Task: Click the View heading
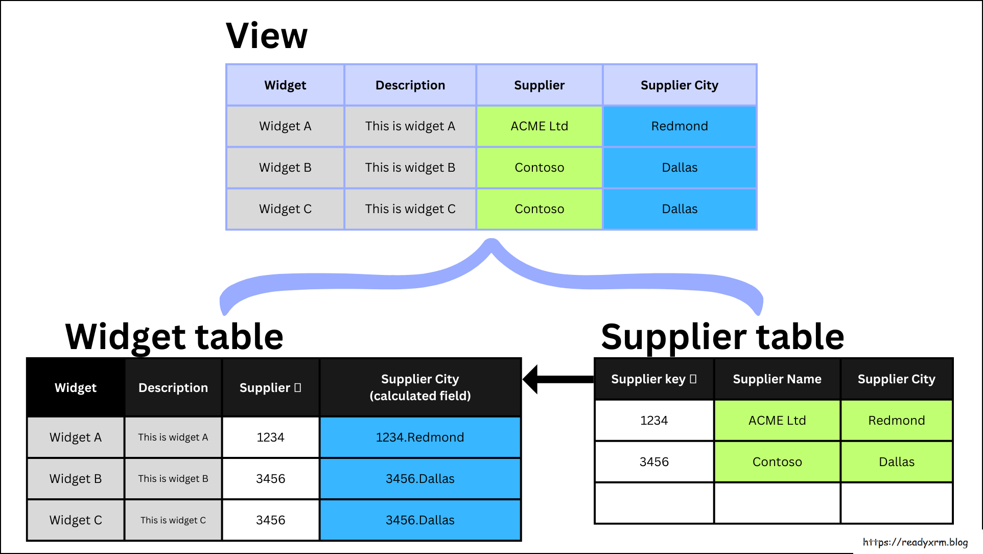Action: pyautogui.click(x=267, y=36)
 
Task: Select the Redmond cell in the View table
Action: pyautogui.click(x=680, y=126)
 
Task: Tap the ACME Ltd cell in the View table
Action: pyautogui.click(x=539, y=126)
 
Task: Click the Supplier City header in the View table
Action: pyautogui.click(x=680, y=85)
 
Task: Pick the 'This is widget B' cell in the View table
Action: pyautogui.click(x=410, y=168)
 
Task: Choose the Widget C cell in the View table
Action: pyautogui.click(x=285, y=209)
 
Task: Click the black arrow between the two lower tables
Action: pyautogui.click(x=557, y=379)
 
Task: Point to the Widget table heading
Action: pyautogui.click(x=174, y=337)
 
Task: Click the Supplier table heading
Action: pyautogui.click(x=722, y=337)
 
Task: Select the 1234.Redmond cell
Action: pyautogui.click(x=420, y=437)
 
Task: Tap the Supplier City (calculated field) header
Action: pyautogui.click(x=420, y=387)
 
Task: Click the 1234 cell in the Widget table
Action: pyautogui.click(x=270, y=437)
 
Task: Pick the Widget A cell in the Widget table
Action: pyautogui.click(x=76, y=437)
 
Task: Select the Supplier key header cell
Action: pyautogui.click(x=653, y=379)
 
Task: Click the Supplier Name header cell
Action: pyautogui.click(x=777, y=379)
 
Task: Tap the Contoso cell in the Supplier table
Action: pyautogui.click(x=777, y=462)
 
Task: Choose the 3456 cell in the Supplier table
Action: pyautogui.click(x=653, y=462)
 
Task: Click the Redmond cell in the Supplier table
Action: pyautogui.click(x=896, y=421)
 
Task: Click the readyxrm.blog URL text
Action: pyautogui.click(x=915, y=542)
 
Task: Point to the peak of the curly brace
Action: pyautogui.click(x=491, y=244)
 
